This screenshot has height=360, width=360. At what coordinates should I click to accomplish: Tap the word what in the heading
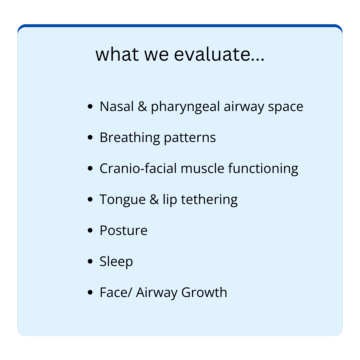click(x=117, y=54)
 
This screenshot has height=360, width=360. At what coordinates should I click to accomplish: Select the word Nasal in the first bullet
click(x=117, y=106)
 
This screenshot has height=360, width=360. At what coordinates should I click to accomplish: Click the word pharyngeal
click(x=185, y=107)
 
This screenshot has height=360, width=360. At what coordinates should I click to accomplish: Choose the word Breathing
click(x=130, y=138)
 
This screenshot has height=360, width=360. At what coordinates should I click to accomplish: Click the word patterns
click(x=190, y=138)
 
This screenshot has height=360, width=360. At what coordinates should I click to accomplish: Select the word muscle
click(x=202, y=168)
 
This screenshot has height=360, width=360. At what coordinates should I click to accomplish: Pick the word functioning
click(x=263, y=169)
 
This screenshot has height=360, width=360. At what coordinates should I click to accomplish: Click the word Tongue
click(x=123, y=200)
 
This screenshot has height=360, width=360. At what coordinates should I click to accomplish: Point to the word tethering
click(x=209, y=200)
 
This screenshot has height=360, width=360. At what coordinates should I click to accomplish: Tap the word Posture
click(x=124, y=230)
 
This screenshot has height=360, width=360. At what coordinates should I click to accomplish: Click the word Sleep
click(x=116, y=262)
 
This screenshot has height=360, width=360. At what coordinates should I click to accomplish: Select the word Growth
click(x=204, y=292)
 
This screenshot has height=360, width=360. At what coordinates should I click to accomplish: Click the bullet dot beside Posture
click(x=90, y=230)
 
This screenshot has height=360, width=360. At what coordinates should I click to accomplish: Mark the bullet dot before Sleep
click(x=90, y=261)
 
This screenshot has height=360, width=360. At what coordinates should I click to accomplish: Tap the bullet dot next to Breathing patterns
click(x=90, y=137)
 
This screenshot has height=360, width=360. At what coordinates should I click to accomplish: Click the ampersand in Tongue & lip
click(x=154, y=199)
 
